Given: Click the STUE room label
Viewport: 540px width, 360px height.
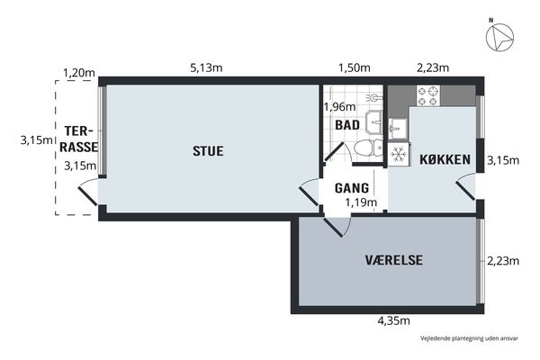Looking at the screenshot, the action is pos(208,151).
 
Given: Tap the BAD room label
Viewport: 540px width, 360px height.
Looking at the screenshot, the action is pos(347,125).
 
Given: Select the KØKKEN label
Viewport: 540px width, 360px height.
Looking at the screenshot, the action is pos(445,159).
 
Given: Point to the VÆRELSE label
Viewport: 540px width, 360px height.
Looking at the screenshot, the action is pos(394,260).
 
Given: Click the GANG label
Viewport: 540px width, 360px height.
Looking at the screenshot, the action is pos(352,188).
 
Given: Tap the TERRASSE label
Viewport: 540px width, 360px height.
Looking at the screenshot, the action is pos(79,139).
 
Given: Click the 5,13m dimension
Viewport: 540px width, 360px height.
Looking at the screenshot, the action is pos(206,67).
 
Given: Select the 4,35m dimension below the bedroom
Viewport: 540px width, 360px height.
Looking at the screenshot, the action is pos(394,320).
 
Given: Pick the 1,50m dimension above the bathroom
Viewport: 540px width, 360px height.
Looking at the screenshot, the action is pos(355,67).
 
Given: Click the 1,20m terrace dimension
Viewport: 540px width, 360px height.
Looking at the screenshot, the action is pos(79,73).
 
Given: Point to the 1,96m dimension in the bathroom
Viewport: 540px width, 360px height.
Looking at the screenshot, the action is pos(339,107).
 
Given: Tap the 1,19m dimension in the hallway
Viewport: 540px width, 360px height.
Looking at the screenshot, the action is pos(361,202).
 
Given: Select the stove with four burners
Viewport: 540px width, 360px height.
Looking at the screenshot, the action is pos(428,95).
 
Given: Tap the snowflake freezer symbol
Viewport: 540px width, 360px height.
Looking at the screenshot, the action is pos(399,154).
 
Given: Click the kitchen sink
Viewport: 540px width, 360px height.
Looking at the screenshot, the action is pos(398,129).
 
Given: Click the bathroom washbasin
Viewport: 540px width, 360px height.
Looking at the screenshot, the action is pos(374,122).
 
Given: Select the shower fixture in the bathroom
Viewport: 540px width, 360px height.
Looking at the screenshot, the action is pos(373,98).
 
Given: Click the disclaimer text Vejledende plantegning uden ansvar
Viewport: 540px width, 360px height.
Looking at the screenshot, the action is pos(469,338).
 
